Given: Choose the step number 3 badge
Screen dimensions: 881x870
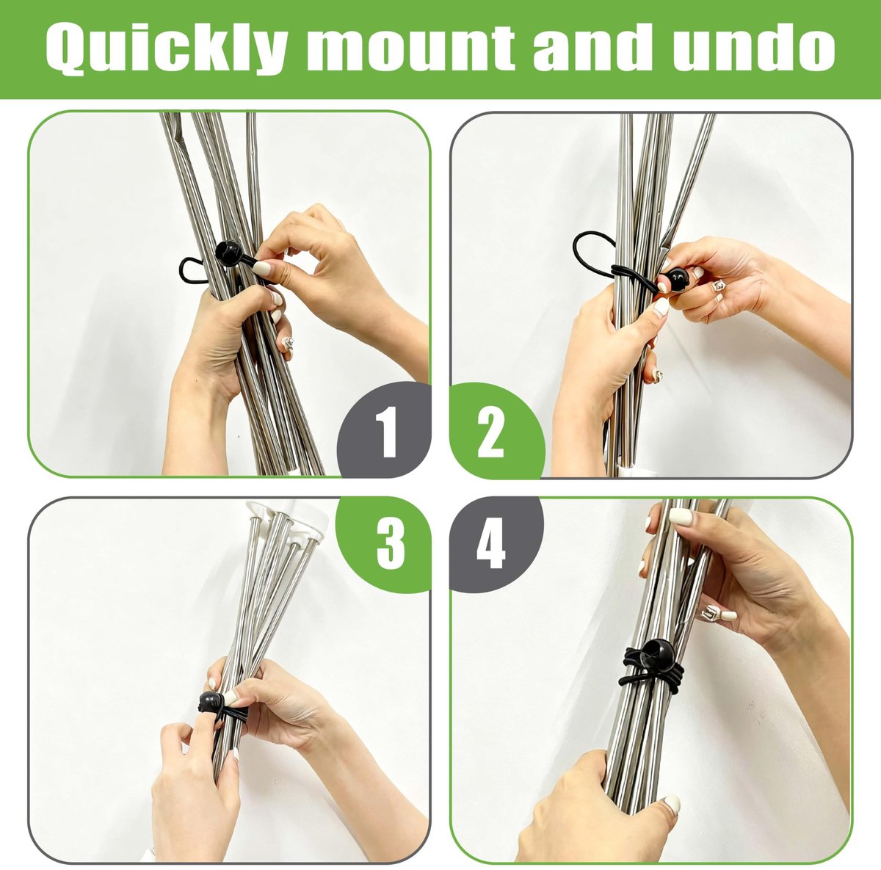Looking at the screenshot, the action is [x=385, y=544].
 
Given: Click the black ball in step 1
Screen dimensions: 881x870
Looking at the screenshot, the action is [x=228, y=253].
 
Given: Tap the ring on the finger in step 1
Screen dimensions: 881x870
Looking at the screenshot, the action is [x=288, y=343].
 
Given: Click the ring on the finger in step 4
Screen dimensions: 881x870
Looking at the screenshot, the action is [x=710, y=612].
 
